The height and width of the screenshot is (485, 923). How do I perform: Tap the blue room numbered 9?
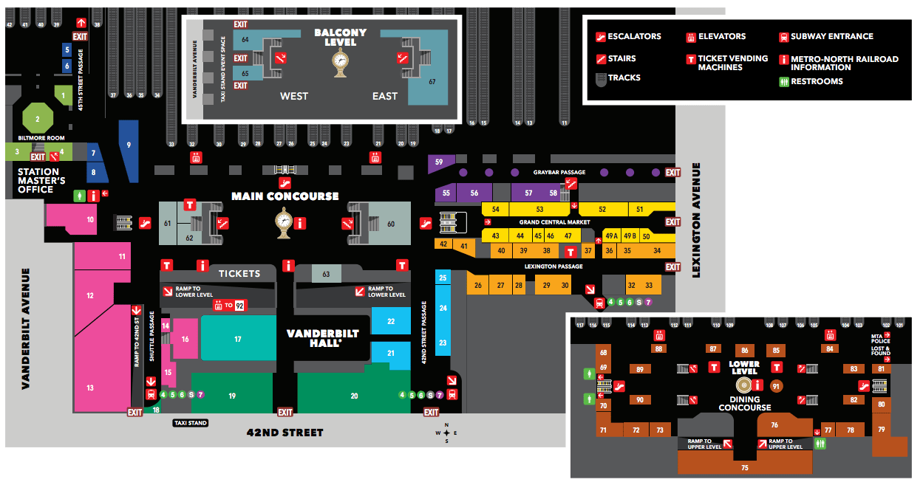(129, 148)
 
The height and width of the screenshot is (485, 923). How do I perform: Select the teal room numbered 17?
(238, 339)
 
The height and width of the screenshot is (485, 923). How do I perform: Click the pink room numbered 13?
(90, 388)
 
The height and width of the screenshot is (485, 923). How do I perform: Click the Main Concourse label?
(285, 196)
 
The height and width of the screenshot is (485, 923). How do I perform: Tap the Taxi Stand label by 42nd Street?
(190, 423)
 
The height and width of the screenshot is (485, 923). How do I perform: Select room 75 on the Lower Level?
(744, 467)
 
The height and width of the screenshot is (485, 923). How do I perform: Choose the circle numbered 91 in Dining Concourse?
(775, 385)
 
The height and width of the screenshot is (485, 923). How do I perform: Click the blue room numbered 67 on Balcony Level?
(432, 82)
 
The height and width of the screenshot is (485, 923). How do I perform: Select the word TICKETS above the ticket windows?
(239, 274)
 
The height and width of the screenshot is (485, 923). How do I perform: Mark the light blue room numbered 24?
(443, 308)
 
